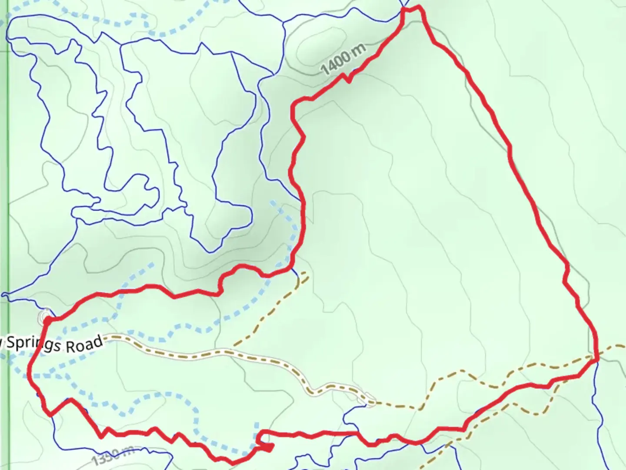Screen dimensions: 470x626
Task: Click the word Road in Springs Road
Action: pyautogui.click(x=85, y=344)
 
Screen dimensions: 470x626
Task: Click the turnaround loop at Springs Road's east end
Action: pyautogui.click(x=368, y=399)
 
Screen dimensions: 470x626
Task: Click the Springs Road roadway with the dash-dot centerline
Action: pyautogui.click(x=217, y=352)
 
